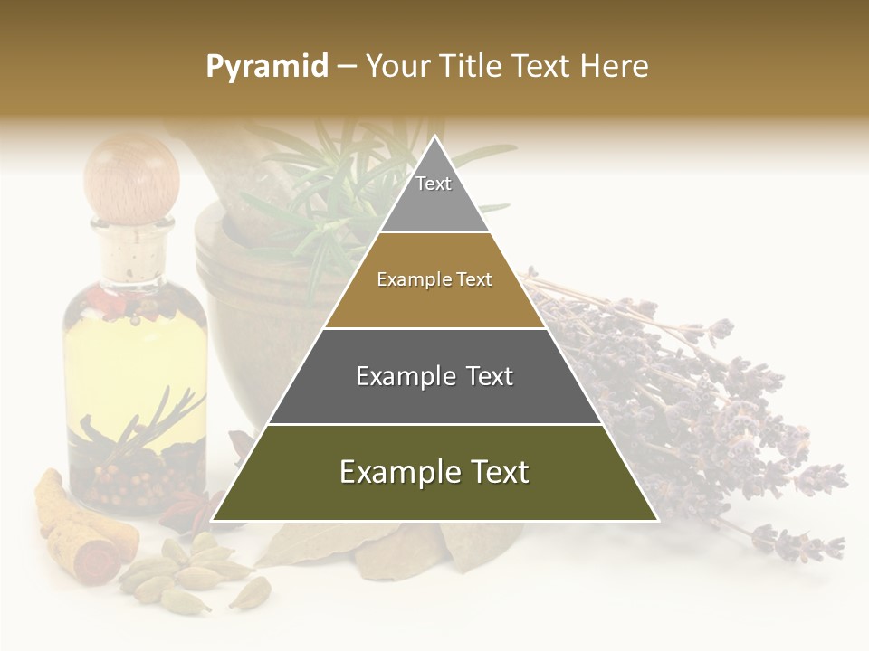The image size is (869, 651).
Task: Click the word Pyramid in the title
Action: pos(267,67)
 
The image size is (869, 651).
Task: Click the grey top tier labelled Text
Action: pos(434,193)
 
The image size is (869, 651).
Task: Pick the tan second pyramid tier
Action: pos(434,280)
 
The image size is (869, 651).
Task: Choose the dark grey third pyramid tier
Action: pos(434,376)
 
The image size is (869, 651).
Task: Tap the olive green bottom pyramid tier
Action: pos(434,473)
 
